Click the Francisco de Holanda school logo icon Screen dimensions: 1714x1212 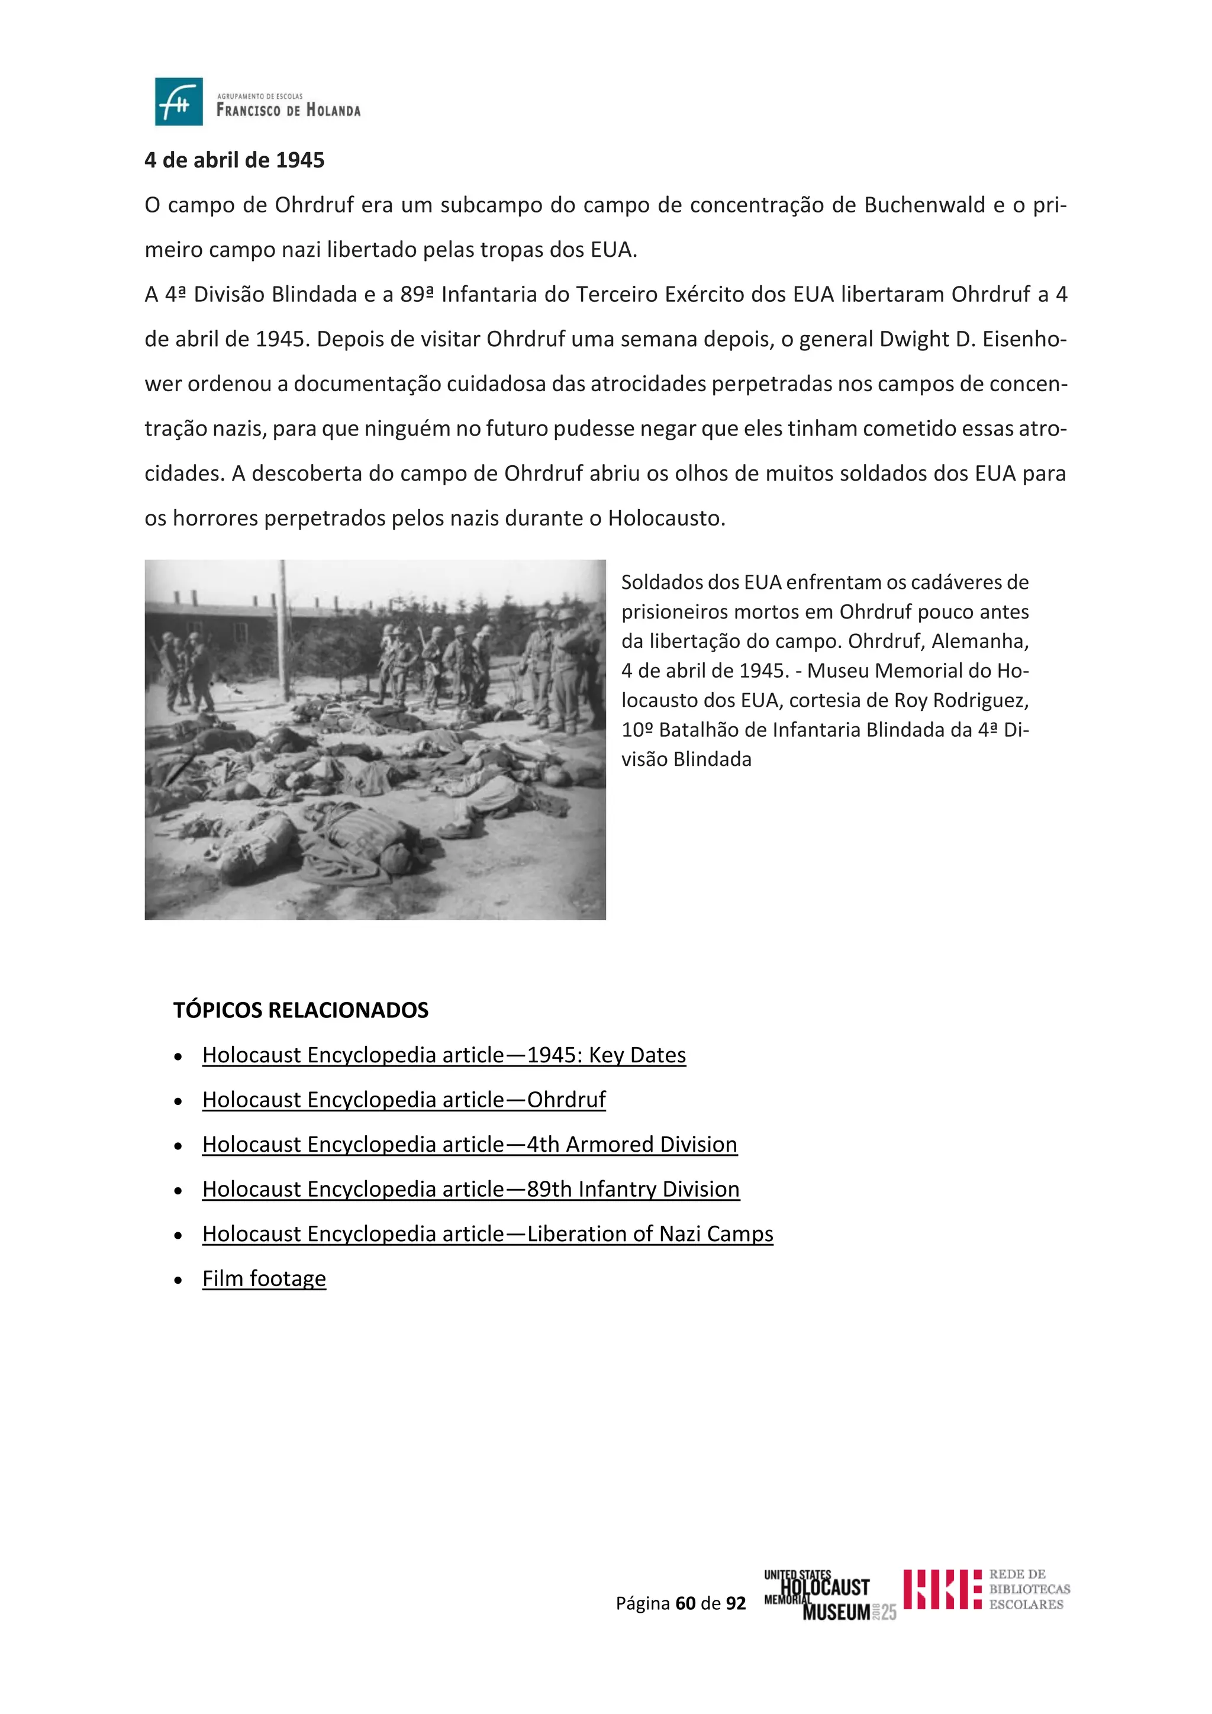click(178, 102)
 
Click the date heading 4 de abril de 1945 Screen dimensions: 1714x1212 click(234, 160)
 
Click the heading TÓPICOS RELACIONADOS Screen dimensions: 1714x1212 click(301, 1010)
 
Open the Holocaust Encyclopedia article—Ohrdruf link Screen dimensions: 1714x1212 click(404, 1100)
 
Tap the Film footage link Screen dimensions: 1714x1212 click(264, 1279)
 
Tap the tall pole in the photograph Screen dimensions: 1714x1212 click(283, 627)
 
